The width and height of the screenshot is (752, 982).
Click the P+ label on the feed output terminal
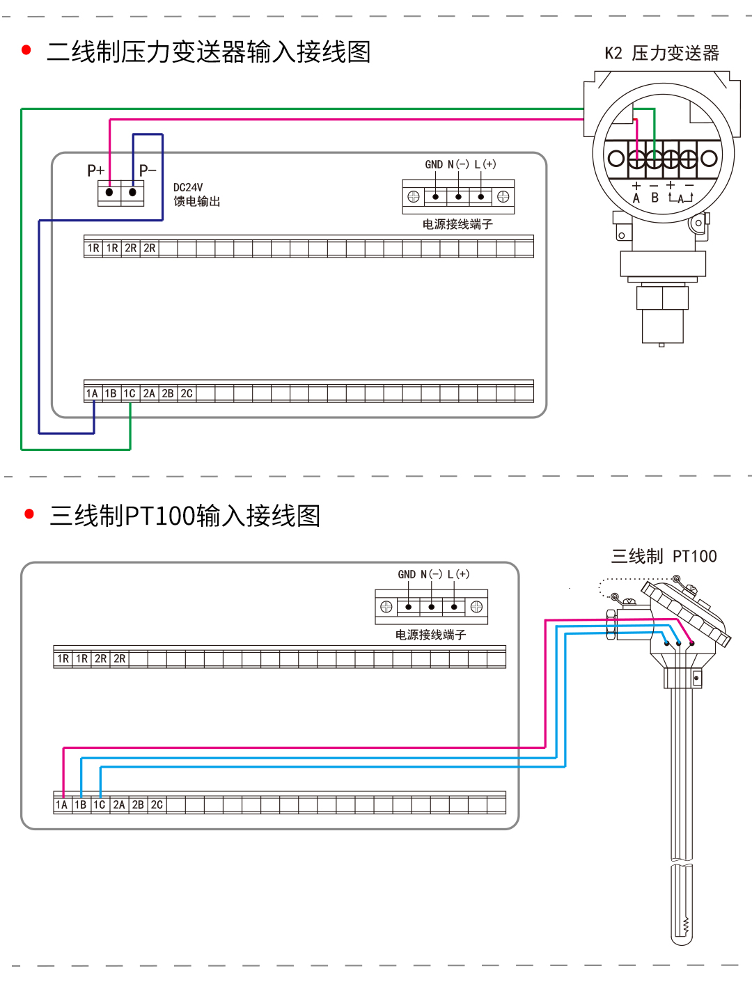[x=95, y=171]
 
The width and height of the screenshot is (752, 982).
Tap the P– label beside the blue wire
[x=148, y=171]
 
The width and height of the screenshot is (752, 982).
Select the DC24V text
[x=188, y=187]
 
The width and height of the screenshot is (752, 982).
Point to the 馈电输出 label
[x=196, y=201]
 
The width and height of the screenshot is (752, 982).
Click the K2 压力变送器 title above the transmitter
[x=661, y=53]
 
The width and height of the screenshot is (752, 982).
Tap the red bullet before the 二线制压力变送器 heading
[x=26, y=50]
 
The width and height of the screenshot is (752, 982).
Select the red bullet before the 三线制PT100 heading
[x=29, y=514]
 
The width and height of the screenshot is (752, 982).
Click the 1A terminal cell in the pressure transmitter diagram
[x=92, y=394]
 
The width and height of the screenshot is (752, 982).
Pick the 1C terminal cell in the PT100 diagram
[x=100, y=805]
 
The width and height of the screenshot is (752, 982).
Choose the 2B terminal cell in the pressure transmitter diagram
[x=168, y=394]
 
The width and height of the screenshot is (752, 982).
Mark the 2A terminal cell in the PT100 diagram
[x=119, y=805]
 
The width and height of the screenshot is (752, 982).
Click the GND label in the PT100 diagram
[x=407, y=574]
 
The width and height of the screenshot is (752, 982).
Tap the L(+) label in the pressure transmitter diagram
[x=485, y=164]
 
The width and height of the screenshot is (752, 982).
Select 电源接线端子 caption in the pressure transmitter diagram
[x=457, y=224]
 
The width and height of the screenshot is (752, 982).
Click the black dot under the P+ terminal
[x=109, y=192]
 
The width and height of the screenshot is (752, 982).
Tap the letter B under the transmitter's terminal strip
[x=655, y=198]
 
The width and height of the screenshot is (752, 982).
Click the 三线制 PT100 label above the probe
[x=664, y=556]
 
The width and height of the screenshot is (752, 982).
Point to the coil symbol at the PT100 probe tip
[x=686, y=925]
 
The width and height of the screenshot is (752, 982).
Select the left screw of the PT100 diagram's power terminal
[x=386, y=607]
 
